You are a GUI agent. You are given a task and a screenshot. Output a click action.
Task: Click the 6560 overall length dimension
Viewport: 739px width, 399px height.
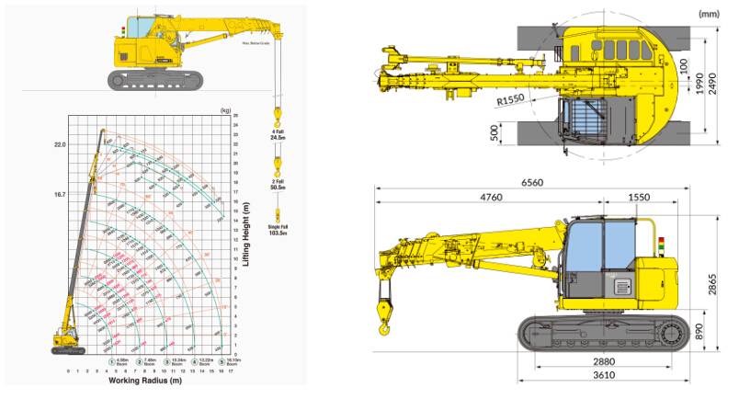[532, 182]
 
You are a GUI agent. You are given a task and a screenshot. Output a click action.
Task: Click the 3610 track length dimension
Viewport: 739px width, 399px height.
[603, 375]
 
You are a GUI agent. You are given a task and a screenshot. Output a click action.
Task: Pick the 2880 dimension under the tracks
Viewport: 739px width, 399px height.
[603, 361]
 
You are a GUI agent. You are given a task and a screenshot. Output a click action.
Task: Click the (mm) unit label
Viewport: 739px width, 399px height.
[710, 13]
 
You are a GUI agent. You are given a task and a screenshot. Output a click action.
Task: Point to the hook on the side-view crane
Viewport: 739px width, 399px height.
[382, 313]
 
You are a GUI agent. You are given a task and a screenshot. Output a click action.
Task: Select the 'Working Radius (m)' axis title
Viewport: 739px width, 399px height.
[148, 380]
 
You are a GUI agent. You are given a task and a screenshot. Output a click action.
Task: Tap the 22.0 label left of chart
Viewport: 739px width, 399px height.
[61, 145]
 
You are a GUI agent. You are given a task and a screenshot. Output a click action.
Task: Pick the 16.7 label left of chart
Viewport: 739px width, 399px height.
[61, 195]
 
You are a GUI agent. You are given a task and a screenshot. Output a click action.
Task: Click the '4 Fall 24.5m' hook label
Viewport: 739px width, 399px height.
[277, 135]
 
